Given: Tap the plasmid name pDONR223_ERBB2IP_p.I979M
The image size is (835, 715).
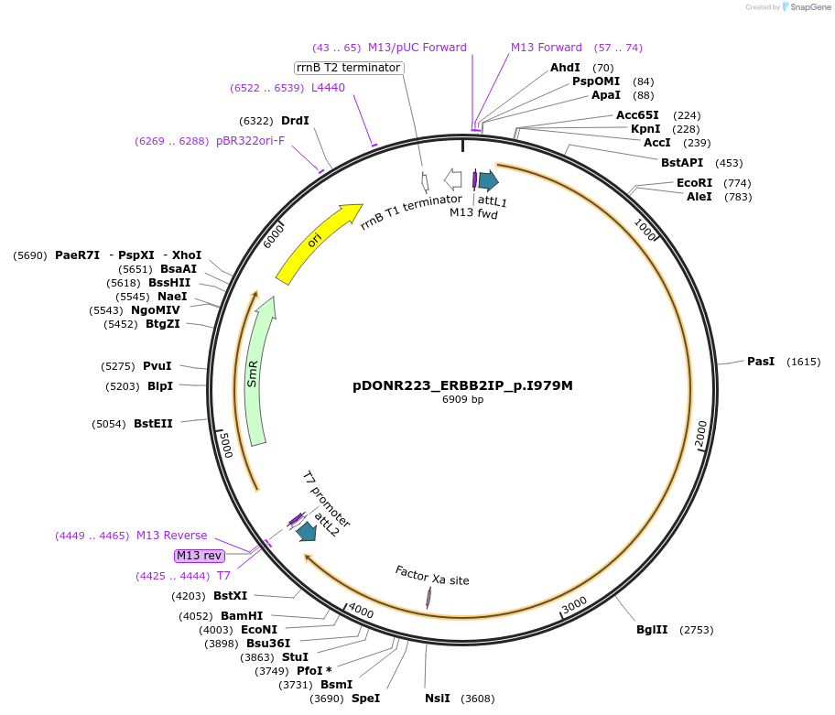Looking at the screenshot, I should (462, 385).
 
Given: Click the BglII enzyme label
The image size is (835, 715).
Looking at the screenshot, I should (652, 630).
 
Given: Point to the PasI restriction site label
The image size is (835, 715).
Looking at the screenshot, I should (761, 362).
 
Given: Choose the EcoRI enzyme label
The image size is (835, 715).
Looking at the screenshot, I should (694, 183).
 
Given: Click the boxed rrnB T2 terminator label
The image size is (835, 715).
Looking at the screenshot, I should (349, 68).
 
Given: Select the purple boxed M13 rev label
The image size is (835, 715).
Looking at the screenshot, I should (199, 556).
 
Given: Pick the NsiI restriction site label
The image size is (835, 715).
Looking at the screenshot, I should (438, 699).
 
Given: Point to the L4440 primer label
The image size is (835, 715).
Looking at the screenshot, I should (328, 88).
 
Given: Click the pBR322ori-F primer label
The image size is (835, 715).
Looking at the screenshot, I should (250, 141).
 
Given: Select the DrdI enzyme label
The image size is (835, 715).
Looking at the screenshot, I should (295, 121).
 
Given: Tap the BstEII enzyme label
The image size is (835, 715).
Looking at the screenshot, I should (153, 424).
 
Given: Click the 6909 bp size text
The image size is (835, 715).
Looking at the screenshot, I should (462, 400).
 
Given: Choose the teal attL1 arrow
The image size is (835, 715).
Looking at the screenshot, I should (488, 180).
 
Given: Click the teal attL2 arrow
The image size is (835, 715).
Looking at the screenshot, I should (305, 531).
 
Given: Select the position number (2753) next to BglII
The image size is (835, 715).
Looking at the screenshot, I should (696, 630).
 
